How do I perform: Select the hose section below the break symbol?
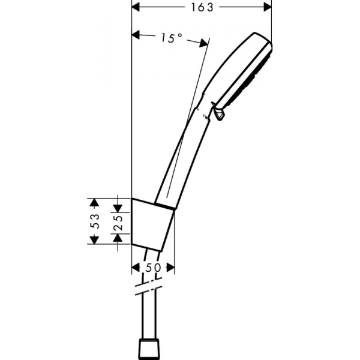(x=149, y=318)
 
